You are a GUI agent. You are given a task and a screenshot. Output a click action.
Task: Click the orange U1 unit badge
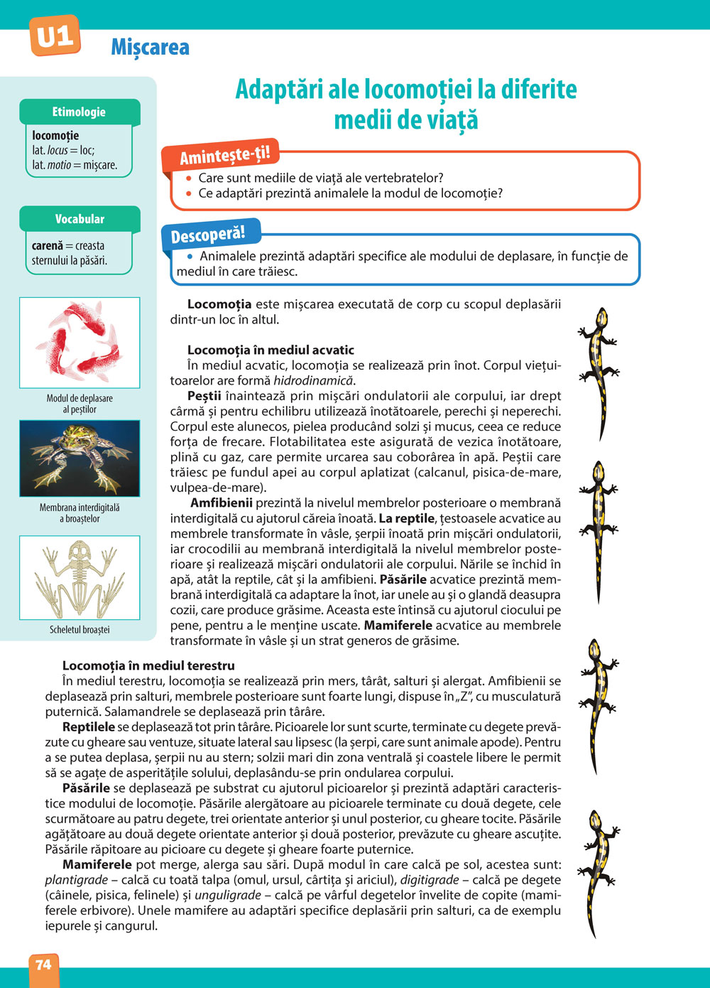pyautogui.click(x=55, y=36)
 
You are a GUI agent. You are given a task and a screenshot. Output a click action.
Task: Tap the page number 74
pyautogui.click(x=43, y=965)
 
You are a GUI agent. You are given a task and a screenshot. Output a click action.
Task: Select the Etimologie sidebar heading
pyautogui.click(x=79, y=112)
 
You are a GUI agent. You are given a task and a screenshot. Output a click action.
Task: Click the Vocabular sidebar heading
pyautogui.click(x=80, y=219)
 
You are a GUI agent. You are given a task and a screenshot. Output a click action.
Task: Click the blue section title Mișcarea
pyautogui.click(x=150, y=48)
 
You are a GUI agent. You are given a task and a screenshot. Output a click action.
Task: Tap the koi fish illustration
pyautogui.click(x=80, y=342)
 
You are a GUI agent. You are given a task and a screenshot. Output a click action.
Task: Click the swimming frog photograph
pyautogui.click(x=80, y=458)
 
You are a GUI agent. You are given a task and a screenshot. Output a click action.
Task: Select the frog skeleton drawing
pyautogui.click(x=80, y=577)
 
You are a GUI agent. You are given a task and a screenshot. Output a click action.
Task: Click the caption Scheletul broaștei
pyautogui.click(x=80, y=630)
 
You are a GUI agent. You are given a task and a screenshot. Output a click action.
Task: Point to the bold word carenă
pyautogui.click(x=47, y=246)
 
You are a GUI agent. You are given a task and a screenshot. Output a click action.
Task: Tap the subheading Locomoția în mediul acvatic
pyautogui.click(x=271, y=350)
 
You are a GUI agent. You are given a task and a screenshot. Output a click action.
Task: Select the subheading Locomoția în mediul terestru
pyautogui.click(x=148, y=666)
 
